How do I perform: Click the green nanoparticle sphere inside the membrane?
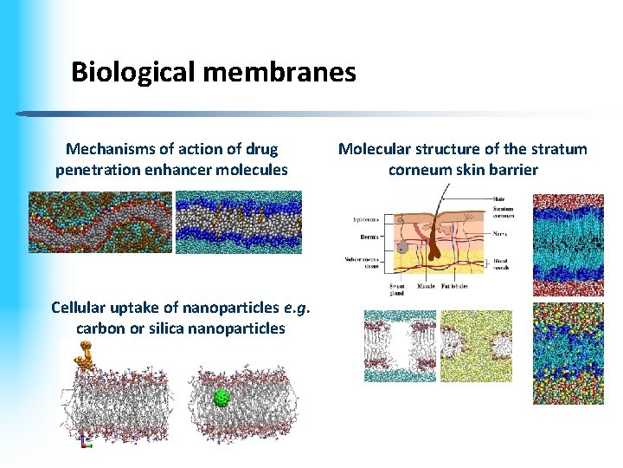click(x=222, y=398)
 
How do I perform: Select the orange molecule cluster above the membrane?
click(x=85, y=355)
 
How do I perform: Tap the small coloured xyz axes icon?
click(x=85, y=443)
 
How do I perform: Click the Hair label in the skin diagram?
click(x=498, y=198)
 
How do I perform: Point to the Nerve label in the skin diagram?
click(x=499, y=231)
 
